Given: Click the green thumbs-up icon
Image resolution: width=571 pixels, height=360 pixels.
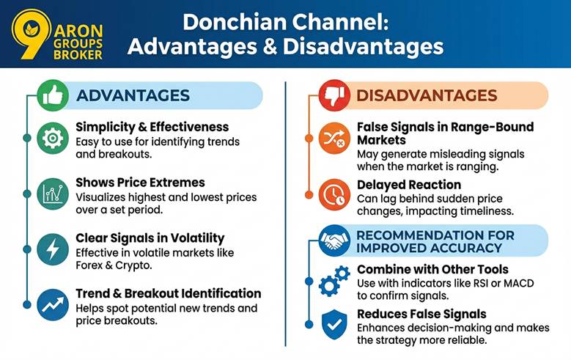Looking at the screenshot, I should click(x=53, y=96).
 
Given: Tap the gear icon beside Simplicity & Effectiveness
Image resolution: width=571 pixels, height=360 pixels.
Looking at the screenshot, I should click(x=53, y=139).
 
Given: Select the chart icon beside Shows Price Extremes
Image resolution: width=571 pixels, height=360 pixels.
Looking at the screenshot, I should click(x=53, y=194).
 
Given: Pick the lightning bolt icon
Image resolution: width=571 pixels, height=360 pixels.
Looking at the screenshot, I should click(x=53, y=249).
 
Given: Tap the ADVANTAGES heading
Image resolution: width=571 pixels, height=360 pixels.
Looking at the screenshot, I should click(x=133, y=95).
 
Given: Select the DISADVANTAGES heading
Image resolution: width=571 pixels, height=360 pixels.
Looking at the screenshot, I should click(x=426, y=95).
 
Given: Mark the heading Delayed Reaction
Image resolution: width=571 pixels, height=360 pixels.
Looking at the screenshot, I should click(x=409, y=185).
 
